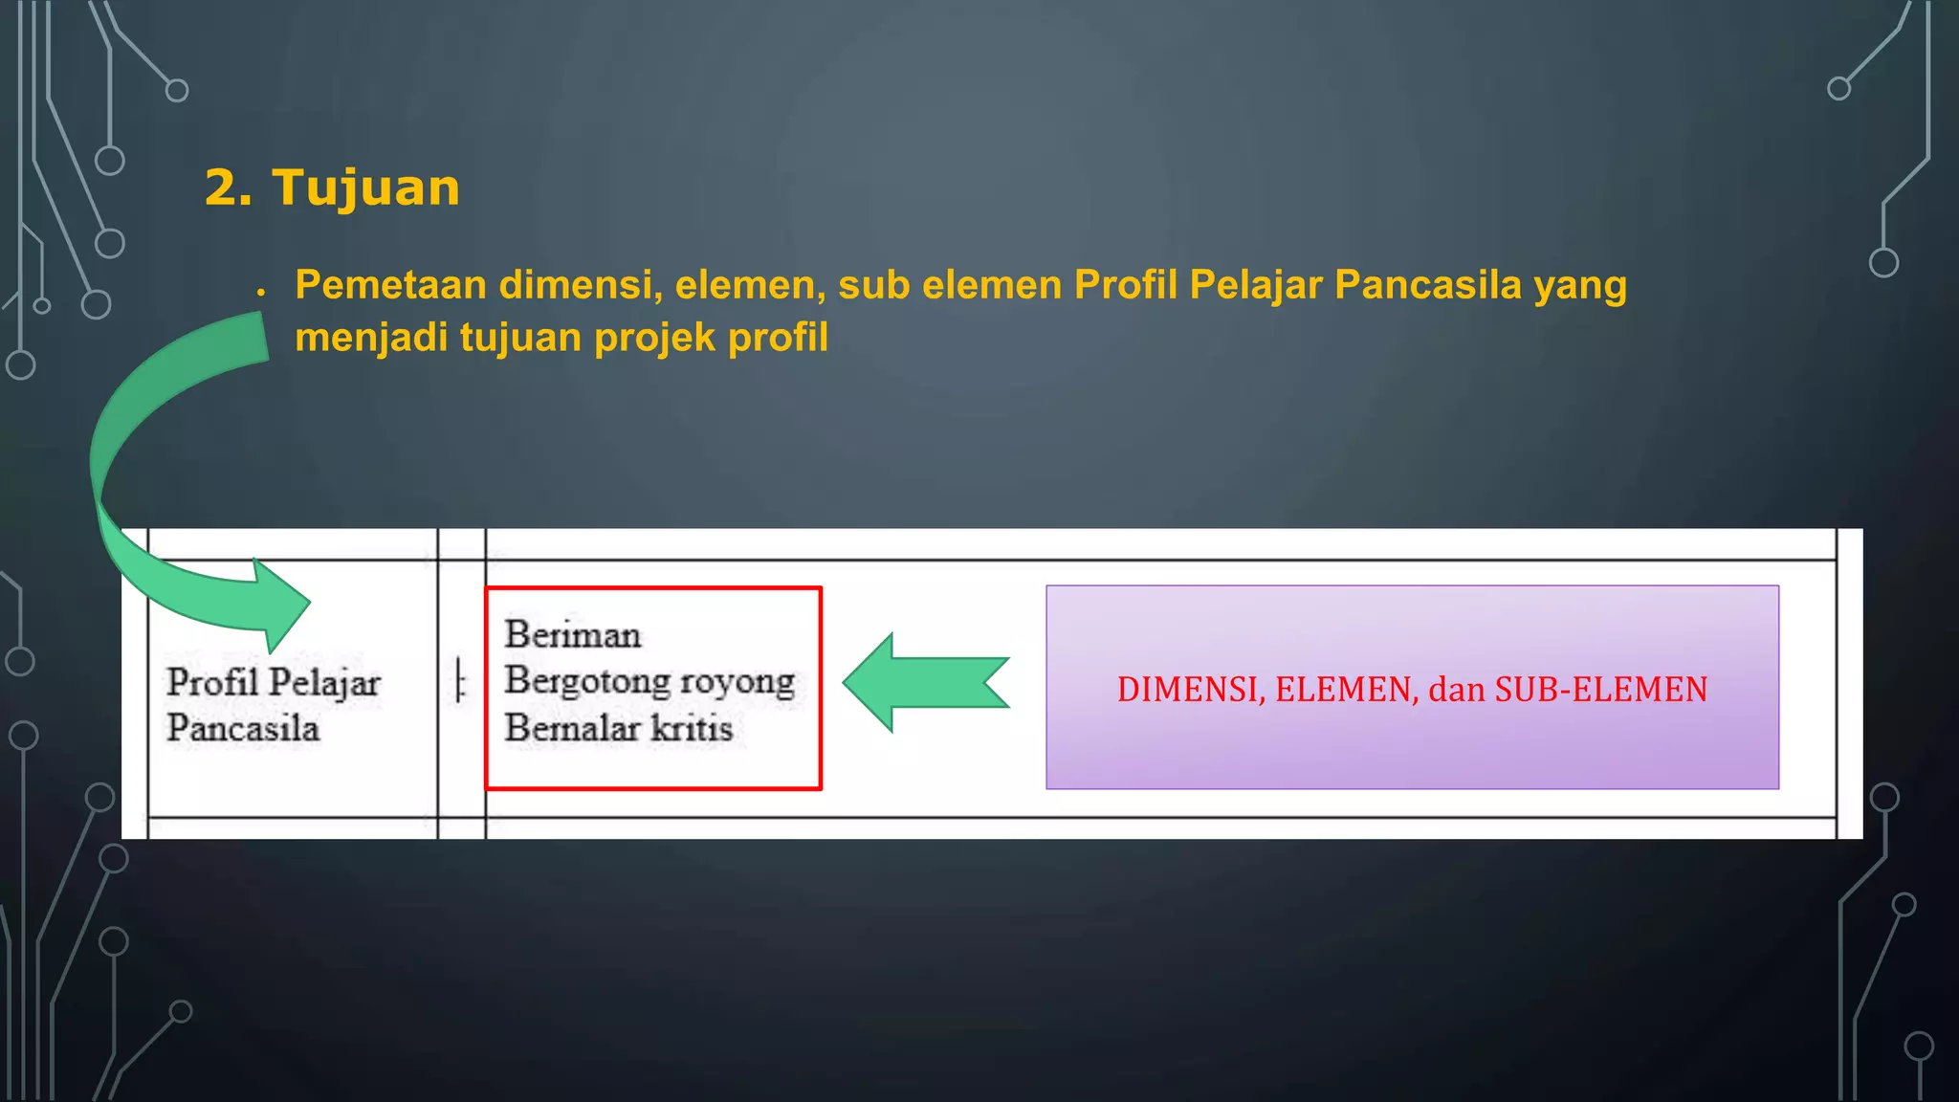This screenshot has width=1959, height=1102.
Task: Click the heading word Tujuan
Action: click(x=365, y=187)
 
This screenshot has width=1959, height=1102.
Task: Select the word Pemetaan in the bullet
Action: click(x=390, y=285)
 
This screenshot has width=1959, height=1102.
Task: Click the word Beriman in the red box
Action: click(x=573, y=635)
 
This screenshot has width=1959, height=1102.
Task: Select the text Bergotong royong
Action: click(x=649, y=681)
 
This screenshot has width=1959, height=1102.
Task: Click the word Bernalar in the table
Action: click(x=572, y=728)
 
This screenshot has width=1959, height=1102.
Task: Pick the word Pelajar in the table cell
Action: click(x=325, y=683)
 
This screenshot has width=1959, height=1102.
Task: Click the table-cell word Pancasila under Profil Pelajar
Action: click(x=243, y=729)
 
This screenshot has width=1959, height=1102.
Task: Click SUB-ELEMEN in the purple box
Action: click(x=1600, y=690)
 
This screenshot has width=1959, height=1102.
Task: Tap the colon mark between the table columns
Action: click(x=460, y=682)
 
